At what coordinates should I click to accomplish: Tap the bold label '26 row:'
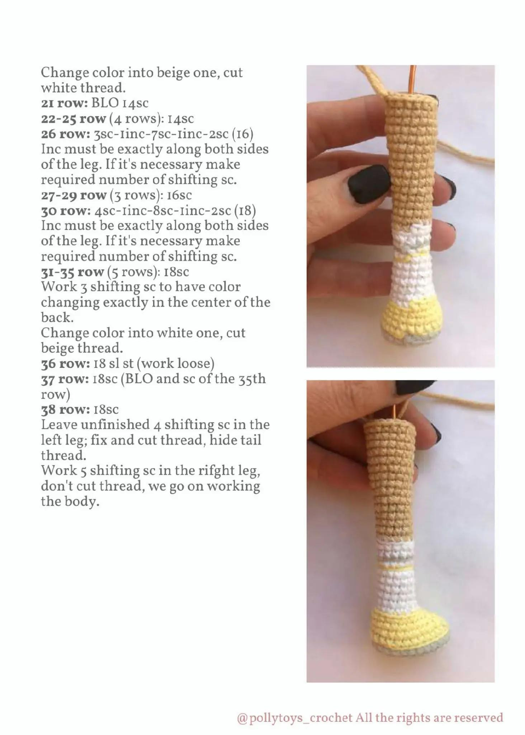(x=66, y=134)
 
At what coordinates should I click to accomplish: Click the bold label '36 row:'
(x=65, y=364)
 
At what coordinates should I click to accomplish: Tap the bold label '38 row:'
(x=65, y=410)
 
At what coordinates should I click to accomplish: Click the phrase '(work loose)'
(x=176, y=364)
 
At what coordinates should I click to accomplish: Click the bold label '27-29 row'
(x=74, y=196)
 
